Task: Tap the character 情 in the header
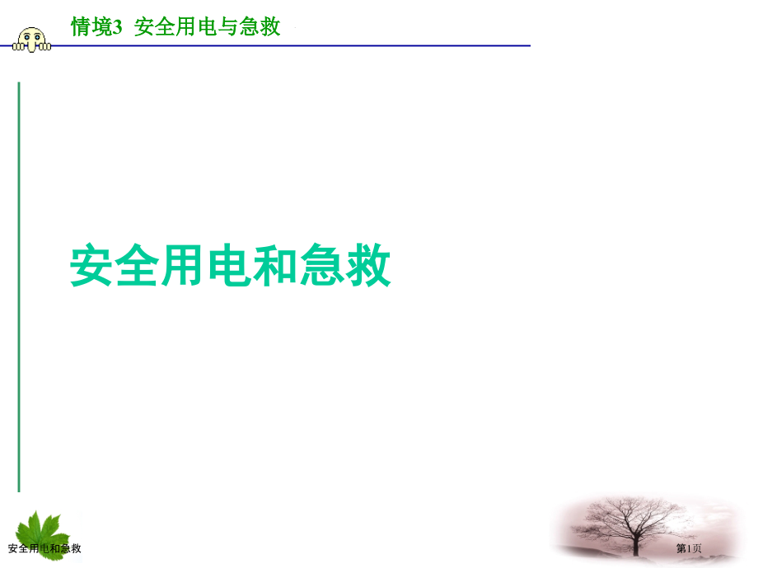click(82, 27)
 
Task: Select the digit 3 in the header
click(117, 28)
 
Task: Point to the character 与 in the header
click(228, 27)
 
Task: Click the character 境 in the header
click(101, 27)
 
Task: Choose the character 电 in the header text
click(207, 27)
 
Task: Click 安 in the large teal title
click(93, 265)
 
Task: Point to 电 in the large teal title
click(231, 265)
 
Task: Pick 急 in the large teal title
click(323, 265)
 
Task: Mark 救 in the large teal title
click(368, 265)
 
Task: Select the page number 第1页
click(689, 549)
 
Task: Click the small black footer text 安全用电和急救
click(44, 549)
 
